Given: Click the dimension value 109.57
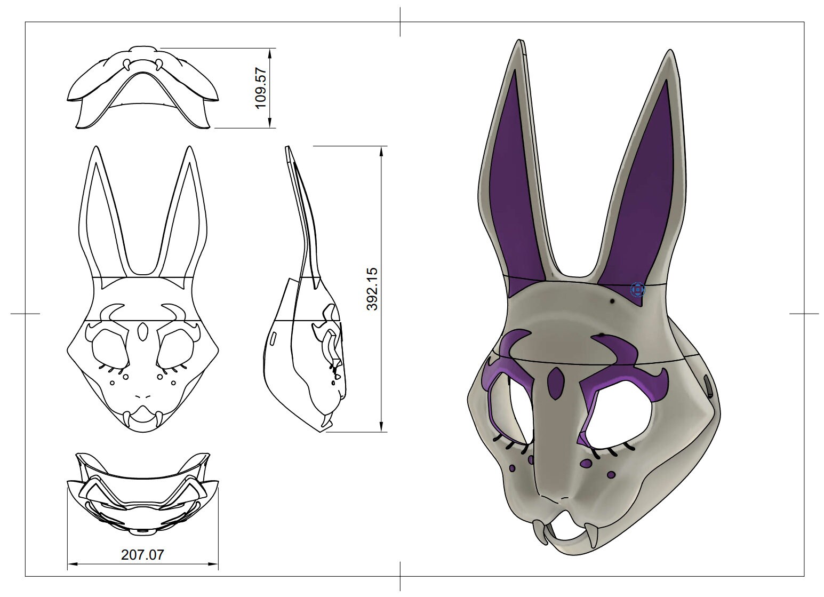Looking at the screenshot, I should pos(261,88).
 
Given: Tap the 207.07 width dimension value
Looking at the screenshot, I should pos(142,555).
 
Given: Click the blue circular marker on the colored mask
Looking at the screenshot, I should pos(638,290).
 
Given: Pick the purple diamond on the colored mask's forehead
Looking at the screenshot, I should pos(555,383).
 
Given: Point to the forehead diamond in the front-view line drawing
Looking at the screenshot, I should pos(142,331).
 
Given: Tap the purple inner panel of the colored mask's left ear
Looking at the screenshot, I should pos(511,187).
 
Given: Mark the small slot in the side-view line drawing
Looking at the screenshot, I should pos(273,339).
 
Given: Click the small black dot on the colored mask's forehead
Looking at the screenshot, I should pos(612,302).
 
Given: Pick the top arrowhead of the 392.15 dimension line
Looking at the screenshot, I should pos(381,151).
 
